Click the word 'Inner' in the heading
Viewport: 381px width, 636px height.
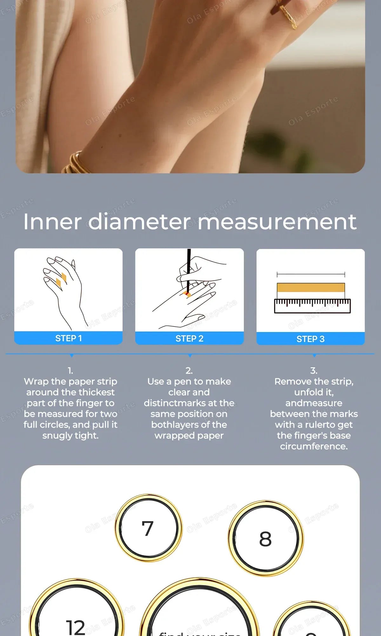pos(52,222)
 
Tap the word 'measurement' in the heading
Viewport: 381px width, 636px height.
pos(277,222)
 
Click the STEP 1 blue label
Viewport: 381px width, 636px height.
pos(68,338)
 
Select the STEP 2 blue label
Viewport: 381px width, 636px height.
pos(189,338)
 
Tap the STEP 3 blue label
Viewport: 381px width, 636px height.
pos(310,339)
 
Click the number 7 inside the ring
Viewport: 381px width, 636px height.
pos(148,529)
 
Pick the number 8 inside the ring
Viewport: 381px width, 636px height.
pos(265,539)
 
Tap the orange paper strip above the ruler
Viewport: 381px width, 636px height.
pos(311,287)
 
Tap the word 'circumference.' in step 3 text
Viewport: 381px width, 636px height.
pos(314,446)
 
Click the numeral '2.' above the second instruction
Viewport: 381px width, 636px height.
pos(189,370)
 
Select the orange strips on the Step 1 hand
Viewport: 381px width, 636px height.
pos(61,280)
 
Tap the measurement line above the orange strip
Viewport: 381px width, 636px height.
pos(311,274)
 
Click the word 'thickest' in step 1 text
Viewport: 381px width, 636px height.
pos(97,392)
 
